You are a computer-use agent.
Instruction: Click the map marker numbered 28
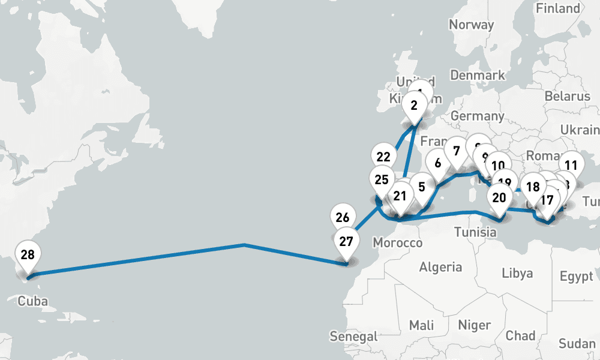(x=27, y=255)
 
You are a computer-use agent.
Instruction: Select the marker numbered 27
(x=346, y=242)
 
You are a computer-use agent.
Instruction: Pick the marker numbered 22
(x=383, y=157)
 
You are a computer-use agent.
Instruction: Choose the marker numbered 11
(x=571, y=166)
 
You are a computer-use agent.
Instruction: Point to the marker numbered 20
(x=499, y=197)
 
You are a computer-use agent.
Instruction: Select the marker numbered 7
(x=456, y=150)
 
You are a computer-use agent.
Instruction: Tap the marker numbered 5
(x=422, y=187)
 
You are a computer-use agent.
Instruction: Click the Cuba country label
(x=32, y=301)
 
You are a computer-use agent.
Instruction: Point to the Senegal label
(x=354, y=336)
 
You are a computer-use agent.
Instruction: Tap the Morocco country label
(x=397, y=243)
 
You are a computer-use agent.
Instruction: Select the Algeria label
(x=440, y=267)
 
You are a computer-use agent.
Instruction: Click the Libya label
(x=517, y=273)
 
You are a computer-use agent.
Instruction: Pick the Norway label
(x=471, y=25)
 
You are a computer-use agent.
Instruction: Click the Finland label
(x=558, y=8)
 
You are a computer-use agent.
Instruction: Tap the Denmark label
(x=478, y=76)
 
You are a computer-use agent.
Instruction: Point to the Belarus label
(x=568, y=96)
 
